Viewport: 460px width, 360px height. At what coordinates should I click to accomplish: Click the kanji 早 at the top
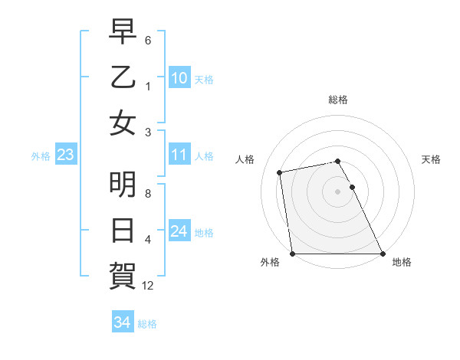click(x=123, y=33)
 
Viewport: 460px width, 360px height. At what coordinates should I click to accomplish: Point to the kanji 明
click(x=123, y=186)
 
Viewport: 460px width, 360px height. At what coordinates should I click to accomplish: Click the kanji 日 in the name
click(x=123, y=231)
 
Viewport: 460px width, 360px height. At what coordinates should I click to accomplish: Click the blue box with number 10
click(x=179, y=77)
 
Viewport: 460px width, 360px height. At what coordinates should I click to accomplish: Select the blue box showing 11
click(x=179, y=155)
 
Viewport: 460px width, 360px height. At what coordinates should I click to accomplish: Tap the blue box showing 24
click(x=179, y=231)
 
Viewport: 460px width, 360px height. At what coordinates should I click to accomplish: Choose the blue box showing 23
click(x=65, y=155)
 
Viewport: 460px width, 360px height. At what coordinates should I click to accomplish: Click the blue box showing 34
click(x=122, y=322)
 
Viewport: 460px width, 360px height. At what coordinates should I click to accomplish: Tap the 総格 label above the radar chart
click(x=337, y=100)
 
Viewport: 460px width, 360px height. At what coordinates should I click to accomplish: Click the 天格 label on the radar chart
click(x=431, y=159)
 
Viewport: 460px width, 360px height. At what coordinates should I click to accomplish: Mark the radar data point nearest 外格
click(x=292, y=254)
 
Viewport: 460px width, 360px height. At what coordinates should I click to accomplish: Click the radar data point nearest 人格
click(x=281, y=172)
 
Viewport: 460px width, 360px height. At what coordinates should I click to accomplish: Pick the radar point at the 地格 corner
click(x=382, y=254)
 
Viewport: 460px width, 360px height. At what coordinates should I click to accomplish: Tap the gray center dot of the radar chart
click(x=337, y=191)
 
